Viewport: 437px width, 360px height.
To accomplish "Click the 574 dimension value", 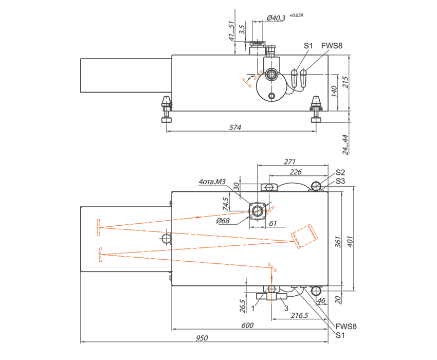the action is point(235,128).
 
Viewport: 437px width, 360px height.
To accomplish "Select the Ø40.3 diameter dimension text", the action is point(276,18).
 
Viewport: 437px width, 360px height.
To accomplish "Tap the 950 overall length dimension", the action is point(202,338).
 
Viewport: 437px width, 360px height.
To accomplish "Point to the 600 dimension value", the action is point(247,326).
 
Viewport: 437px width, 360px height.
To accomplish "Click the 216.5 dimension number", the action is point(299,315).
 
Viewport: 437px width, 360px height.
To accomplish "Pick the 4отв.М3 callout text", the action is point(212,182).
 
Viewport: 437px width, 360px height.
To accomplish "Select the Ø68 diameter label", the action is point(223,221).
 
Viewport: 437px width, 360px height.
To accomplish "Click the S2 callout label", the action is point(340,172).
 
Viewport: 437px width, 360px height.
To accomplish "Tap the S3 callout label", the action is point(340,181).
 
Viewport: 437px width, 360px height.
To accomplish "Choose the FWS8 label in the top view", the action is point(332,45).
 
